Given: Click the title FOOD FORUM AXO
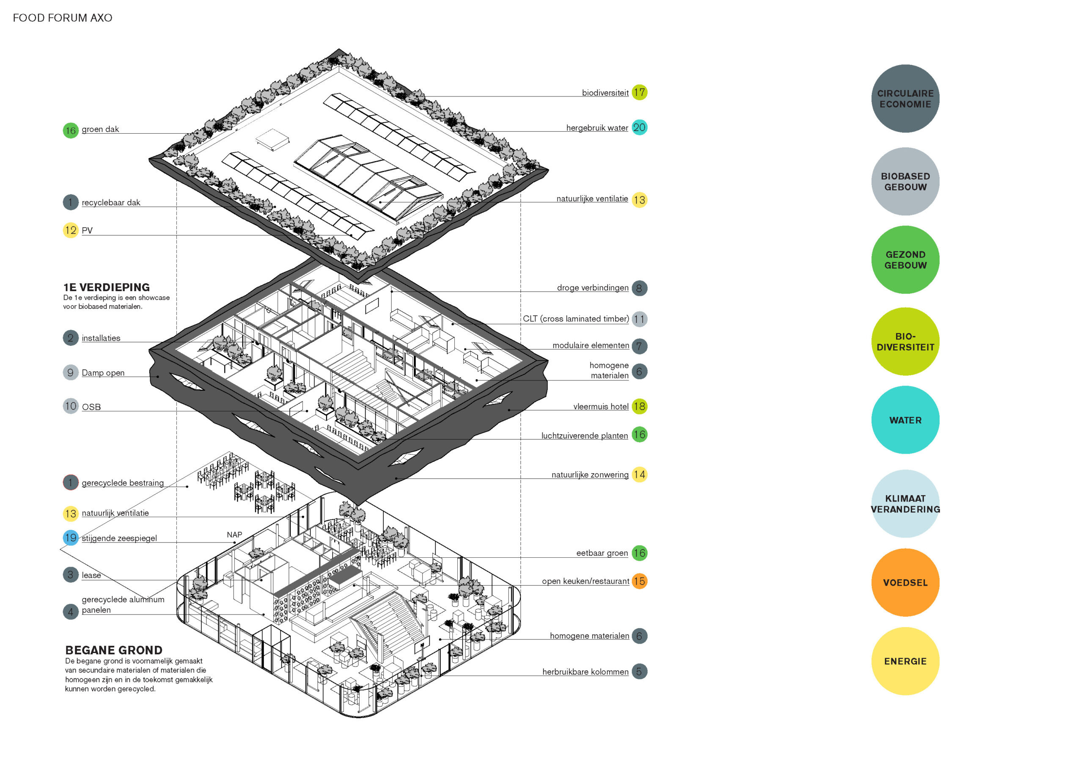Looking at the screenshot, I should [x=62, y=18].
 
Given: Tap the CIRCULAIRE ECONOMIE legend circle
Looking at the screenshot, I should [x=905, y=99].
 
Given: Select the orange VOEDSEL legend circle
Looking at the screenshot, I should [x=905, y=582].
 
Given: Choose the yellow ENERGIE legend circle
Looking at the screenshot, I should [x=905, y=661].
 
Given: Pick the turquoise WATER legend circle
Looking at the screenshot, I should [x=905, y=420].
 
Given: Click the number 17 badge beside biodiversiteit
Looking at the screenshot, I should [x=639, y=93].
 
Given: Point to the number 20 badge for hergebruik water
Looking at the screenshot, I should [x=639, y=127].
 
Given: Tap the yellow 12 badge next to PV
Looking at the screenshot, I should [x=71, y=230].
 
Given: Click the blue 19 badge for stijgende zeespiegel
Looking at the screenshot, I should [x=71, y=537].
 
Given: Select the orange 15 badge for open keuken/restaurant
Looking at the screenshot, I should [x=639, y=581].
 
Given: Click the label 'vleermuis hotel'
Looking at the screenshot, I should [x=600, y=406].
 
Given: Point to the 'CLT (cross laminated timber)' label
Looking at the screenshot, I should [x=575, y=319].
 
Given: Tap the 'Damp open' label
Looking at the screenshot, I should [x=103, y=373].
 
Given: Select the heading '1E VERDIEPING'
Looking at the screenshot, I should [x=107, y=287].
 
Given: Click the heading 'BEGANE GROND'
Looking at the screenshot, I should [x=114, y=650].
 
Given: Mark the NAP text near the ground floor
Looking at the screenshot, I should [x=234, y=535].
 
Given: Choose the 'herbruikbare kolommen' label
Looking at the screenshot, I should [x=585, y=672].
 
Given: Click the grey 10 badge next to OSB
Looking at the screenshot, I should [x=71, y=406].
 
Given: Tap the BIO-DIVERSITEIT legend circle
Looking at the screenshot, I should [x=905, y=342].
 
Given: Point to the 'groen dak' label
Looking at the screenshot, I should [x=100, y=130].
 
